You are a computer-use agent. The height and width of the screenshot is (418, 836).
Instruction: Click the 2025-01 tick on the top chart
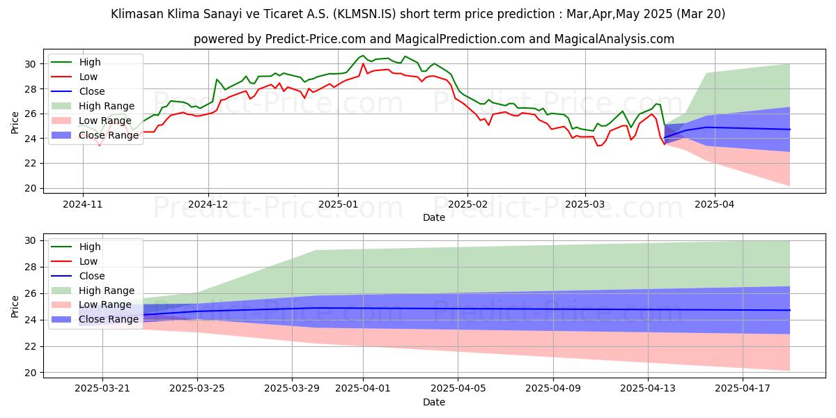(x=338, y=204)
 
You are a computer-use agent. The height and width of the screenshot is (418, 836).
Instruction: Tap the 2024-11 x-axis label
(x=83, y=204)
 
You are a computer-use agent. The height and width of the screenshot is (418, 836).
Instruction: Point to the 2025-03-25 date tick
(x=197, y=389)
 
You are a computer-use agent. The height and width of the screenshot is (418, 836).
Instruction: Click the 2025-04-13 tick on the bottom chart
(x=648, y=389)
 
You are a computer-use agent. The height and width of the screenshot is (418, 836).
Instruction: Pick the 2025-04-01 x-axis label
(x=363, y=389)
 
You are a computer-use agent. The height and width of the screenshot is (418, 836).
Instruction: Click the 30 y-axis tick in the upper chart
(x=31, y=64)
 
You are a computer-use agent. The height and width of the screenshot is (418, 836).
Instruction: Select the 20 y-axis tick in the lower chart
(x=31, y=373)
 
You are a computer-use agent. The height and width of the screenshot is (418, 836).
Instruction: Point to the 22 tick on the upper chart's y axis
(x=31, y=163)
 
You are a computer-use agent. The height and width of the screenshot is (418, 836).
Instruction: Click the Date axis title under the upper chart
(x=433, y=217)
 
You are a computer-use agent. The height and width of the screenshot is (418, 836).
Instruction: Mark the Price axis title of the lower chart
(x=15, y=307)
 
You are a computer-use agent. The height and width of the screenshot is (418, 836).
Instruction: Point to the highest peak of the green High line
(x=362, y=56)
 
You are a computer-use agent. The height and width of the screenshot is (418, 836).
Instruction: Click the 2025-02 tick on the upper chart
(x=467, y=204)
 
